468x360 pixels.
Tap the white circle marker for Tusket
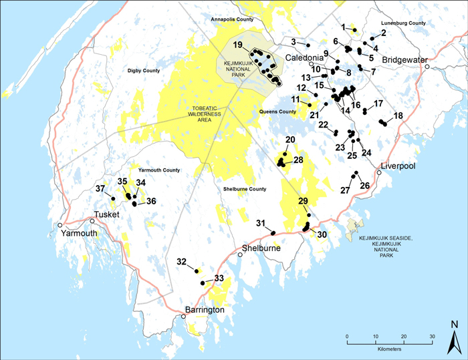pos(92,220)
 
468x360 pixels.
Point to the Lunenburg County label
pos(403,23)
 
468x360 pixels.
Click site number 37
pos(100,189)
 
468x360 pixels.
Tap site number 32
pos(181,261)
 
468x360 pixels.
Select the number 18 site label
pos(398,116)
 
